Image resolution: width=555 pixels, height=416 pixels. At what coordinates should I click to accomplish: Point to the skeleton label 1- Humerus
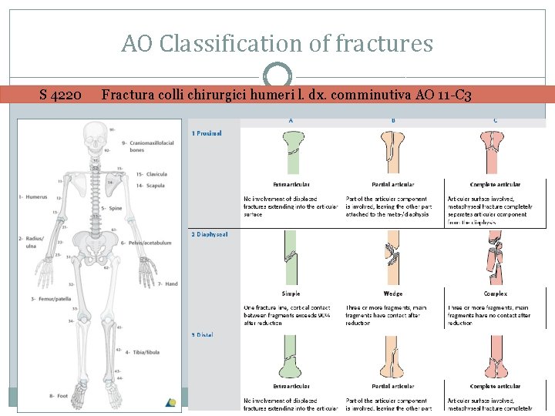(x=32, y=197)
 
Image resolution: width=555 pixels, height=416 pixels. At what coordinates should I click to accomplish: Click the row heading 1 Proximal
(x=207, y=133)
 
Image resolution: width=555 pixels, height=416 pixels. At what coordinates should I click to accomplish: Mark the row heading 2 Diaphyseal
(x=210, y=234)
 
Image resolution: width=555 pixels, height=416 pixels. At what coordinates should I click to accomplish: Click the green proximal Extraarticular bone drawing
(x=291, y=151)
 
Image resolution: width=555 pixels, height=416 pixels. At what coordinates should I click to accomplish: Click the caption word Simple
(x=291, y=294)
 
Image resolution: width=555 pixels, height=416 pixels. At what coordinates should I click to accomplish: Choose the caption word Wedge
(x=393, y=294)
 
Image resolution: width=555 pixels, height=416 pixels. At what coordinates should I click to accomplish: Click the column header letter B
(x=393, y=120)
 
